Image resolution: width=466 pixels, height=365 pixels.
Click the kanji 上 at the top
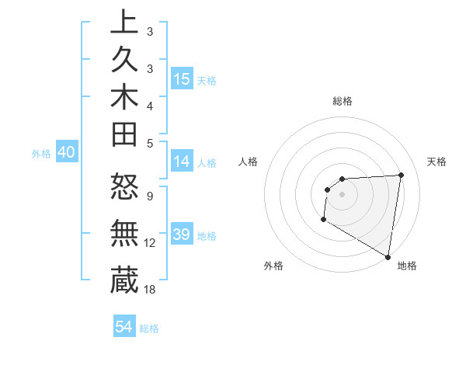click(124, 24)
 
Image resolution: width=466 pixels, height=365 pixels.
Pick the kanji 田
click(124, 136)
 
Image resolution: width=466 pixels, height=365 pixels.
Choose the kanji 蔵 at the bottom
click(124, 279)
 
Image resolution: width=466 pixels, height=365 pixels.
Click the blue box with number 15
click(182, 79)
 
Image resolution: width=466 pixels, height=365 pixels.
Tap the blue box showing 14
click(182, 162)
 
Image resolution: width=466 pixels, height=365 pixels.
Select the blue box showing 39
click(182, 235)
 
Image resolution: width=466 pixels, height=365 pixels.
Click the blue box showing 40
click(66, 153)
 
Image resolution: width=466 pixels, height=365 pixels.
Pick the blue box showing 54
click(124, 327)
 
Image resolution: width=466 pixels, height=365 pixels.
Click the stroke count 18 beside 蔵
click(150, 289)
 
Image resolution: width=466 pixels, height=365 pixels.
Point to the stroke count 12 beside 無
click(150, 243)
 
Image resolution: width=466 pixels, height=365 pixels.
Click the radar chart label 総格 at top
click(343, 101)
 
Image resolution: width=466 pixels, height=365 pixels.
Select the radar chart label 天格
click(436, 162)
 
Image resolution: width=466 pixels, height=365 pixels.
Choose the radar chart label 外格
click(273, 266)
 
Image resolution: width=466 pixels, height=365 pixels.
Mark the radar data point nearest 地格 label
click(388, 256)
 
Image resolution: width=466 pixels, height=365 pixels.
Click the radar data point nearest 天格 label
click(401, 175)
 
